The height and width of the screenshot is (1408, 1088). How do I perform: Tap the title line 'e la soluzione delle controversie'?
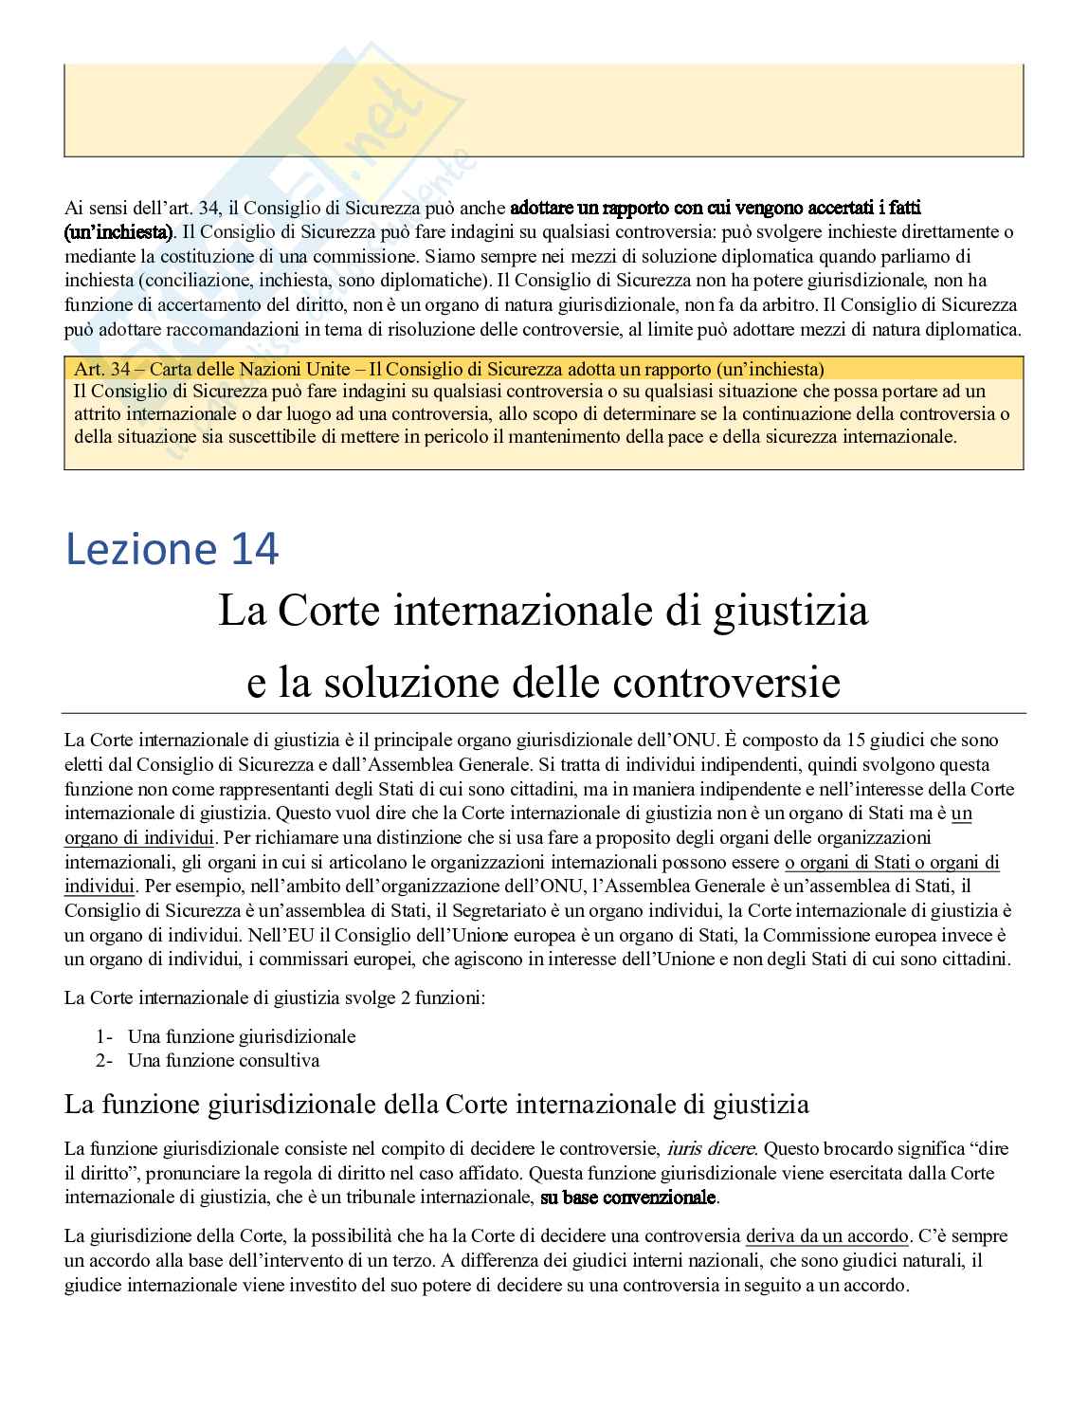(x=543, y=682)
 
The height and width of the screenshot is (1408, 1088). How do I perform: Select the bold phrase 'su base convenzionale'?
(x=627, y=1198)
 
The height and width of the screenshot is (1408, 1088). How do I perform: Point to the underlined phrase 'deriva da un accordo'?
(x=826, y=1236)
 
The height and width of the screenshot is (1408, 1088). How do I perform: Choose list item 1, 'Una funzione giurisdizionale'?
(x=242, y=1036)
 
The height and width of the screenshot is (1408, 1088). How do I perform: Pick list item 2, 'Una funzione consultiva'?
(x=224, y=1060)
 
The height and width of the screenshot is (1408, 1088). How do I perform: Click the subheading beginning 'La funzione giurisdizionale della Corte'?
(x=436, y=1105)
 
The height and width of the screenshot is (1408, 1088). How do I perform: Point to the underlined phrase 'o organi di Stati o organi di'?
(x=892, y=862)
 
